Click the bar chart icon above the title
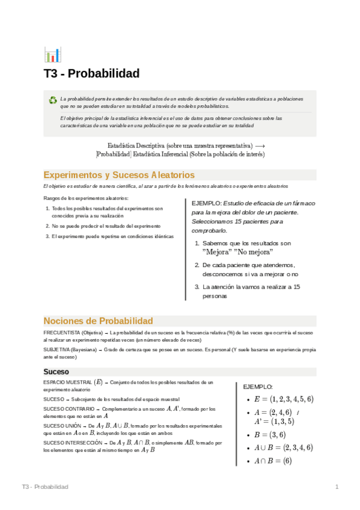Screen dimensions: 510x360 [52, 55]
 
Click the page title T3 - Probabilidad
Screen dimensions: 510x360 [91, 73]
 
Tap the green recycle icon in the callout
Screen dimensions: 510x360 [53, 100]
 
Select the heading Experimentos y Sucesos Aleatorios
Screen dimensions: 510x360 [119, 175]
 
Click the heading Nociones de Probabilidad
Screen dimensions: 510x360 [98, 321]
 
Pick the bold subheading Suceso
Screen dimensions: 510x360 [56, 372]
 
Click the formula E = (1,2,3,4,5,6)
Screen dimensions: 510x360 [284, 399]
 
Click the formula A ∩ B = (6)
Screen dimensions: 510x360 [273, 461]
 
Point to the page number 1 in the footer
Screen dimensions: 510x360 [337, 487]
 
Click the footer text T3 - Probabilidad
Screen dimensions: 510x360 [44, 487]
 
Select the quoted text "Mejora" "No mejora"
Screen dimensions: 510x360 [237, 252]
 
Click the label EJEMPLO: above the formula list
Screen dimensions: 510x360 [257, 387]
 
